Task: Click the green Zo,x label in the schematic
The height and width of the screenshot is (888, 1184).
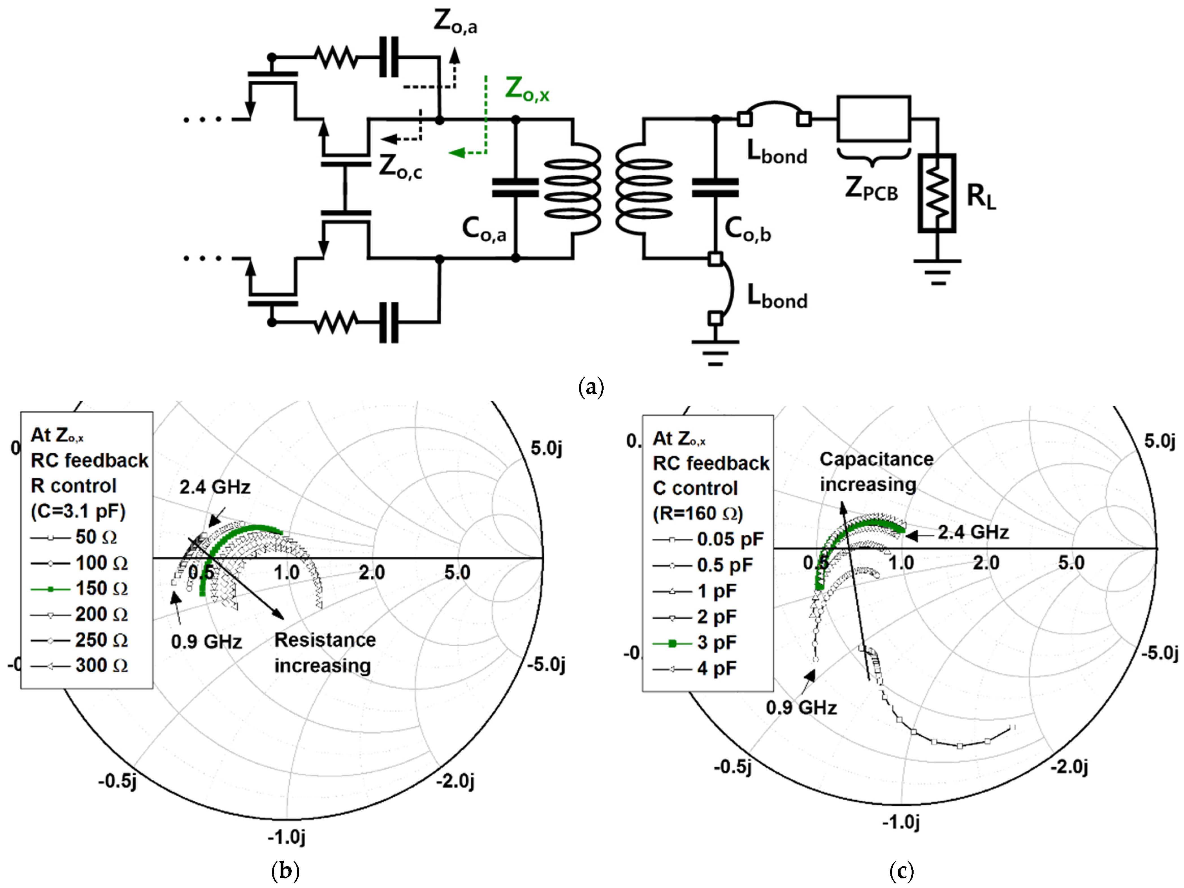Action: click(527, 89)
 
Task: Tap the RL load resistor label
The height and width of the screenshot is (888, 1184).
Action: click(981, 196)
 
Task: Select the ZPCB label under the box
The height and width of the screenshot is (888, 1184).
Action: click(871, 189)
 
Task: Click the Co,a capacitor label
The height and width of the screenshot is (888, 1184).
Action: click(484, 230)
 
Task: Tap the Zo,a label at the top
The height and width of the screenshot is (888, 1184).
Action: click(455, 23)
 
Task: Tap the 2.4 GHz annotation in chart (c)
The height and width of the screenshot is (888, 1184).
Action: click(973, 532)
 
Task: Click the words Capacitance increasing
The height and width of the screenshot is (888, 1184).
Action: click(876, 472)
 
